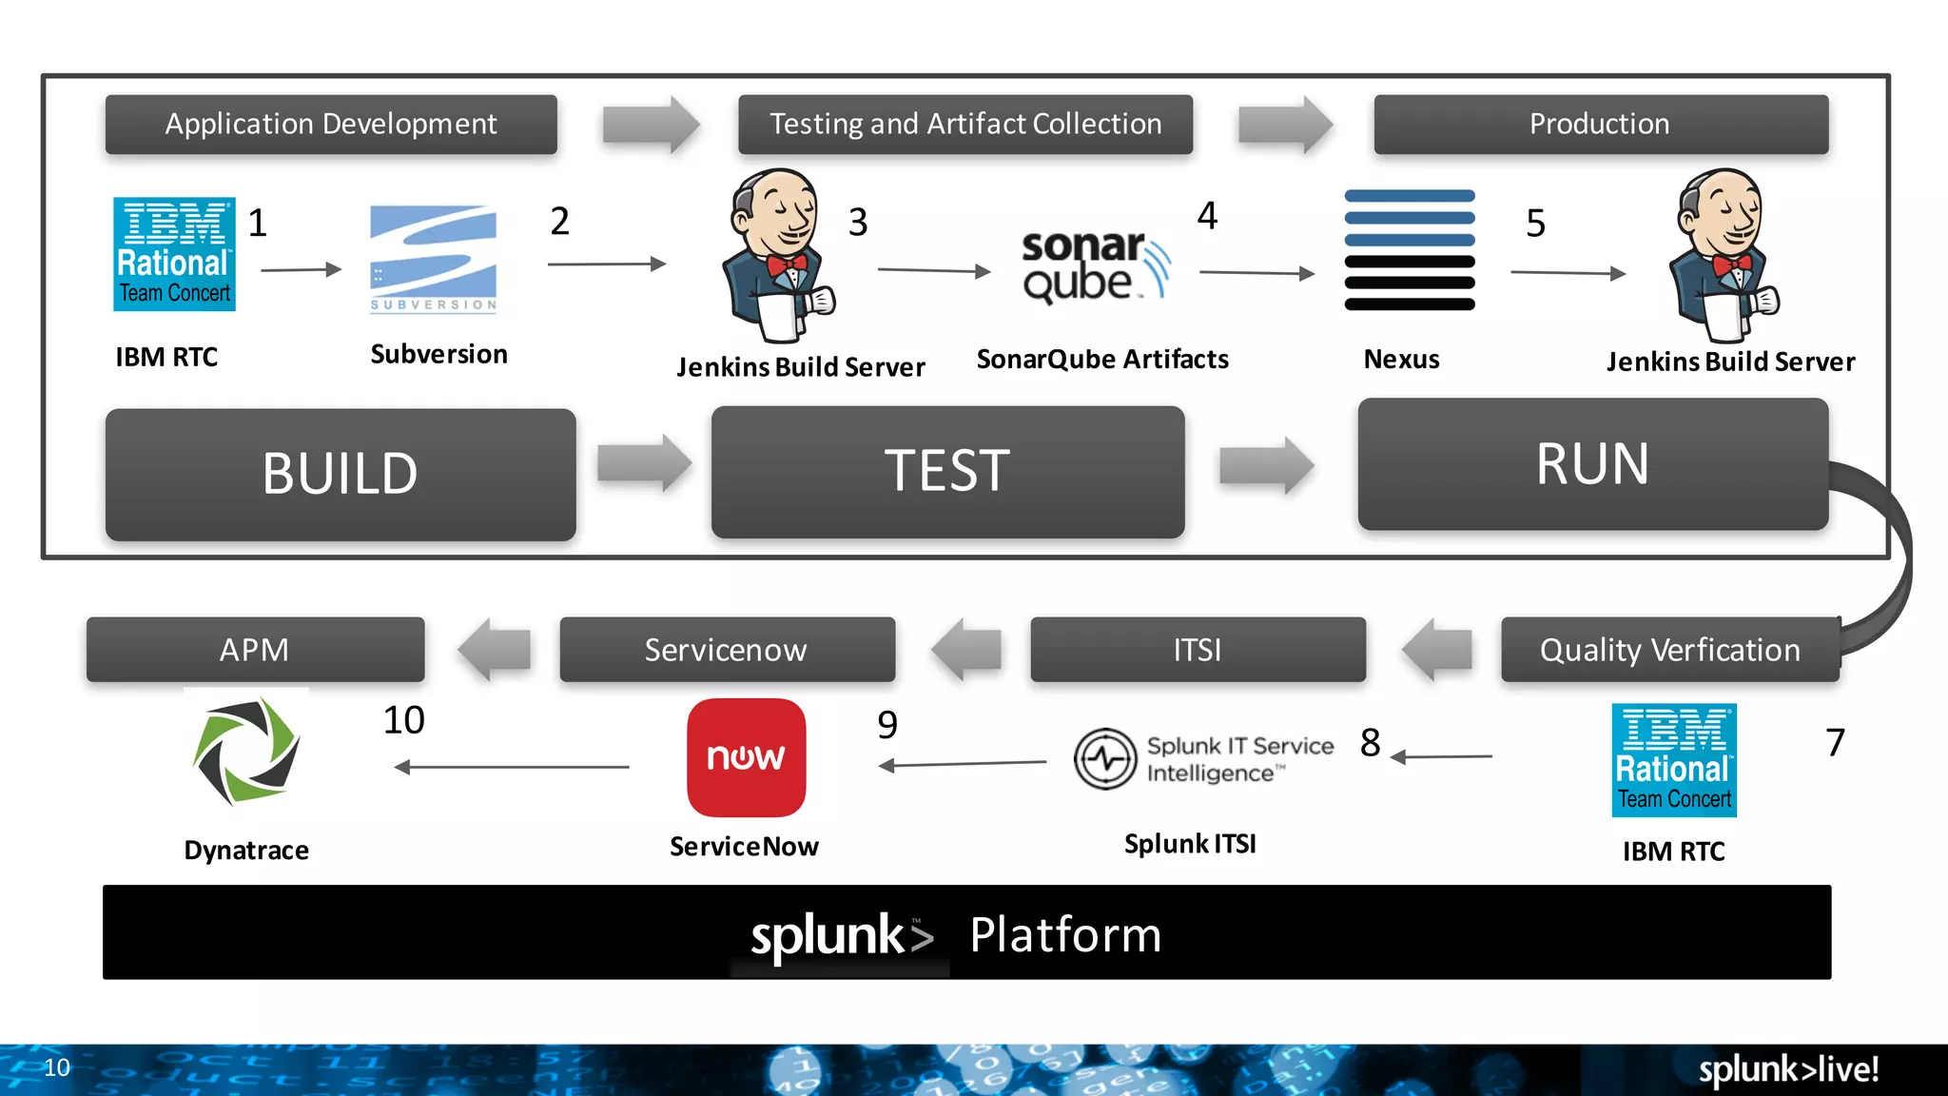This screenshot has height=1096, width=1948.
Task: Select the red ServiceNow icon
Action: (x=746, y=757)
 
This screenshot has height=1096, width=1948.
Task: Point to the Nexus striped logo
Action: (x=1409, y=250)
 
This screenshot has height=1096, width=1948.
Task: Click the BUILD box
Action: (x=341, y=474)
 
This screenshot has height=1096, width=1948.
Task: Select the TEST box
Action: (x=947, y=472)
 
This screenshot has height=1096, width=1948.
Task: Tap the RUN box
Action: (x=1592, y=464)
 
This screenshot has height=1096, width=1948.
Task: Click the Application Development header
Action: (x=331, y=124)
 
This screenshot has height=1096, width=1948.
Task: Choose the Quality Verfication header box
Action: (x=1669, y=650)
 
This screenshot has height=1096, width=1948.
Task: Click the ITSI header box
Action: (x=1198, y=650)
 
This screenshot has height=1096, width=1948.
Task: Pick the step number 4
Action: (x=1207, y=216)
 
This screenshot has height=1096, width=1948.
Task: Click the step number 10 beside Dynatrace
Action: (x=403, y=720)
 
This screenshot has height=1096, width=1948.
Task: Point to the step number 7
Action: (x=1835, y=742)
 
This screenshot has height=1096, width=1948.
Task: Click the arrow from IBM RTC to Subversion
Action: (x=301, y=270)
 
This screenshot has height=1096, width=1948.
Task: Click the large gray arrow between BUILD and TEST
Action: (x=644, y=463)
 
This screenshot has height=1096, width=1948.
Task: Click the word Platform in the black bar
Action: (x=1065, y=934)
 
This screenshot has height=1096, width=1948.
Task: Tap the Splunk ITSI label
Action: (x=1190, y=844)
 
